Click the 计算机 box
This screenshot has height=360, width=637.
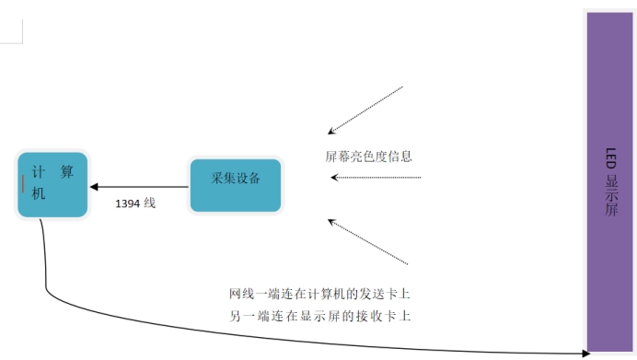click(52, 184)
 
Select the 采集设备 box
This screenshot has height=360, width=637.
click(235, 185)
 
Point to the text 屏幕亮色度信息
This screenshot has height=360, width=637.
click(368, 157)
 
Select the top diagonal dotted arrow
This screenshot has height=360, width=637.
click(365, 110)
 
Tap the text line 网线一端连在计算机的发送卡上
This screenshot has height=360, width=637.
click(318, 295)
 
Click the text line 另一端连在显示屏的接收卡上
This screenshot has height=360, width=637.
click(318, 316)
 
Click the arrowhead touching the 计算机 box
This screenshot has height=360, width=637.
click(93, 187)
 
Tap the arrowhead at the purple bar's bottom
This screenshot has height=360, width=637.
click(585, 353)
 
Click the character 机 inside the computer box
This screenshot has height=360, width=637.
click(38, 194)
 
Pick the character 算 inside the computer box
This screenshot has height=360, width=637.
click(66, 172)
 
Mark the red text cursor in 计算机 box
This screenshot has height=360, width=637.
click(23, 184)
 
